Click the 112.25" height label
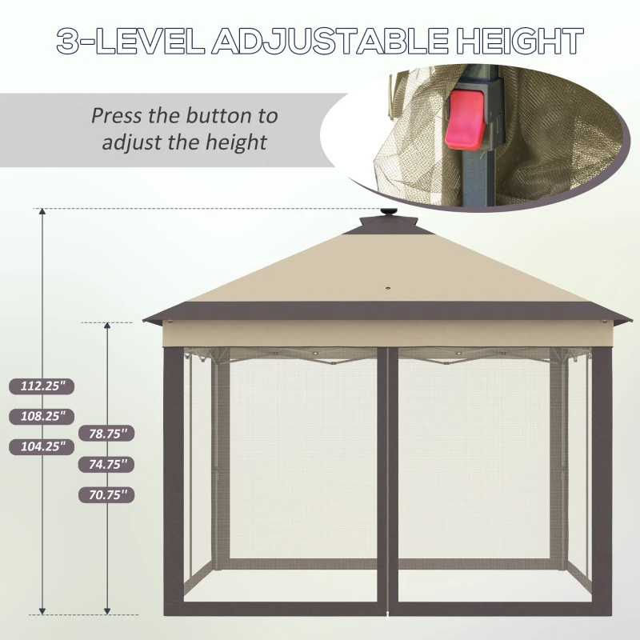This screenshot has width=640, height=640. click(42, 386)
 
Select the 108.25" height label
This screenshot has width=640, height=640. click(42, 416)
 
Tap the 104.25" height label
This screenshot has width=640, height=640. click(42, 446)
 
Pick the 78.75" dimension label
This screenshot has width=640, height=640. click(106, 434)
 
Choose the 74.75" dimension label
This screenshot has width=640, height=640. click(106, 465)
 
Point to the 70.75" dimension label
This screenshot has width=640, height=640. click(106, 495)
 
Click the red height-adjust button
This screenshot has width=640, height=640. click(466, 119)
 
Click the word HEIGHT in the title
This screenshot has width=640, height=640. click(519, 41)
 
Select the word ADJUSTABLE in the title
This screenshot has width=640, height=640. click(330, 42)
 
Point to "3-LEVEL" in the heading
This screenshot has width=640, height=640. click(130, 41)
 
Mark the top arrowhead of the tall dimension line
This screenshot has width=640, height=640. click(42, 211)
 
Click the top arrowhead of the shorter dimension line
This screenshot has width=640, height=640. click(107, 326)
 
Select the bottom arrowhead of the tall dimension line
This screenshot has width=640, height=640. click(42, 611)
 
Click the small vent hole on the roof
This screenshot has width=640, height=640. click(387, 290)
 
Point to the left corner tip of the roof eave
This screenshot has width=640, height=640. click(144, 321)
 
